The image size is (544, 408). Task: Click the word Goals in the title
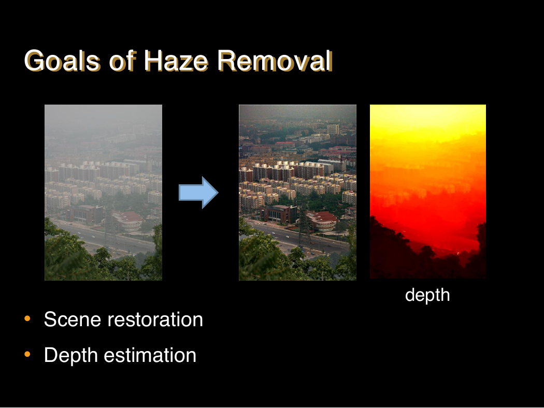(63, 61)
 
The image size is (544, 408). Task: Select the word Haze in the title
(176, 61)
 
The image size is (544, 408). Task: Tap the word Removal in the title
(275, 61)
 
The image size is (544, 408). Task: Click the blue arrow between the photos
(198, 193)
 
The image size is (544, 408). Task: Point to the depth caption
(427, 295)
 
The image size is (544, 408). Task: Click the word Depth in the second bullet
(71, 356)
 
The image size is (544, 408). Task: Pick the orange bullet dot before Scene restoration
(27, 318)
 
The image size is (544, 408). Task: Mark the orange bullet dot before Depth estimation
(27, 354)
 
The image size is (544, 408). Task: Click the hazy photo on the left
(104, 193)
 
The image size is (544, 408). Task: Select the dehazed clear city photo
(298, 193)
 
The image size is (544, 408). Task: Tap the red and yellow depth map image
(428, 192)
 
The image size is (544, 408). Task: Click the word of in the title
(122, 61)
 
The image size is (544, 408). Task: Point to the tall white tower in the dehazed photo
(333, 129)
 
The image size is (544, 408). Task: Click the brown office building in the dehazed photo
(279, 214)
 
